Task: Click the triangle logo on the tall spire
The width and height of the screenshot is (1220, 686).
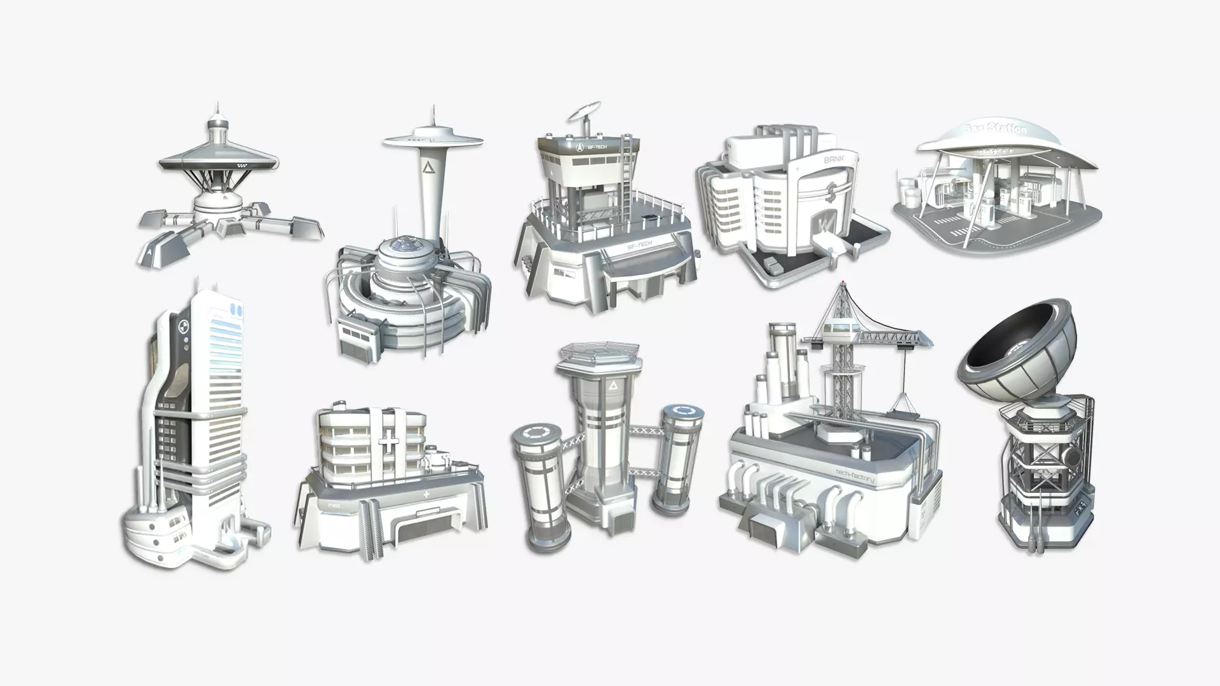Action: pos(426,168)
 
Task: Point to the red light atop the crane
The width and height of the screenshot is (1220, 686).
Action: pos(843,281)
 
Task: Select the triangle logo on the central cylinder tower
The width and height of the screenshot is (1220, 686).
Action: pos(613,386)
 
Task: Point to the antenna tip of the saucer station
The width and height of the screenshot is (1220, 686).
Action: pos(217,105)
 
